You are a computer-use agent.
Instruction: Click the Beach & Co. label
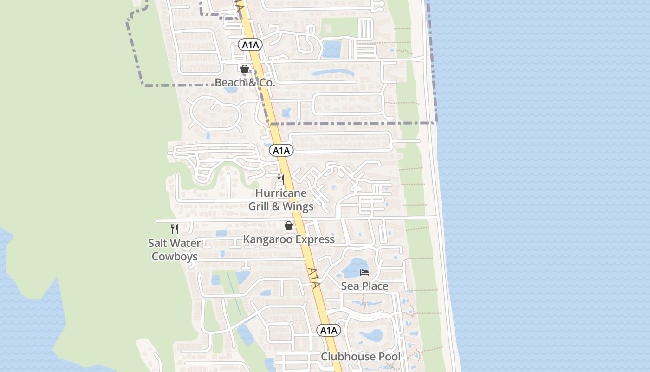tap(245, 83)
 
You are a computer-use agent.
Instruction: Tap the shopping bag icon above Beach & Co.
tap(245, 69)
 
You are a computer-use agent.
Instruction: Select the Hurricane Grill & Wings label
tap(281, 199)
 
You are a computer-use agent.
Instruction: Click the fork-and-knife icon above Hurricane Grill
tap(280, 179)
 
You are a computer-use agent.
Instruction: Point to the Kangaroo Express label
tap(289, 239)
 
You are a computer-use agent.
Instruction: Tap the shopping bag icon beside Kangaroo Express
tap(289, 226)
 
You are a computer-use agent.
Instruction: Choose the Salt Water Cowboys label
tap(175, 250)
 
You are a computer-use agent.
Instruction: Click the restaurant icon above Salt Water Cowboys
tap(175, 229)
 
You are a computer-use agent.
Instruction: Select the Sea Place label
tap(364, 286)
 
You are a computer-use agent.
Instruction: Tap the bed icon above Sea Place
tap(364, 272)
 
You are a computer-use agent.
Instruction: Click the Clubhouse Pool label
tap(361, 357)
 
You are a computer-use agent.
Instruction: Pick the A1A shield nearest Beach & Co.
tap(251, 45)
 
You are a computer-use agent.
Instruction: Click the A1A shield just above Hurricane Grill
tap(281, 151)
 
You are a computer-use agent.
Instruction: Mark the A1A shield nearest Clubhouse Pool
tap(329, 331)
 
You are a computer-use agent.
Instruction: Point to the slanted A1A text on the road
tap(314, 278)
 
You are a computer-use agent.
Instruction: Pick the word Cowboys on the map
tap(175, 257)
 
